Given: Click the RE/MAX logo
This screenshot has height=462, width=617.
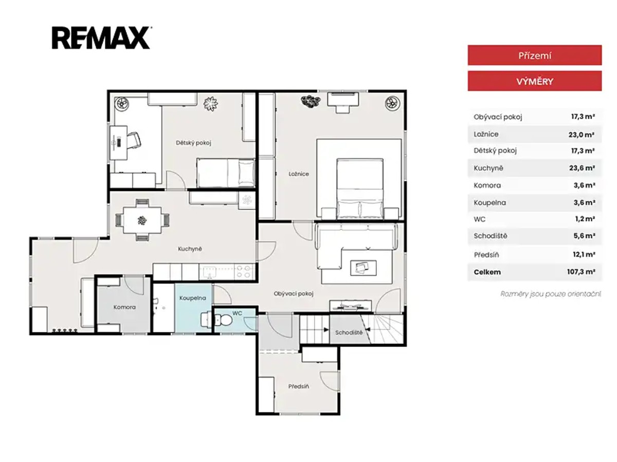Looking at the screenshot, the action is (101, 38).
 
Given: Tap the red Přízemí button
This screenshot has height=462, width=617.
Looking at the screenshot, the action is (534, 55).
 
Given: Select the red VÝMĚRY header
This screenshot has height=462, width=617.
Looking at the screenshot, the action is (534, 81).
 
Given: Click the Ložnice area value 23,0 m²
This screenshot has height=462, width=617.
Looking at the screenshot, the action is (581, 134).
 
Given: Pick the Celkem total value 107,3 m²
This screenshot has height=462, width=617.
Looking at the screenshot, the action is (580, 272).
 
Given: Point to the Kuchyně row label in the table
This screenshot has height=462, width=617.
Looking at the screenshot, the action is (488, 168).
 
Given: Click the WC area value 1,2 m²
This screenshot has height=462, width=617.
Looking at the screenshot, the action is (585, 219).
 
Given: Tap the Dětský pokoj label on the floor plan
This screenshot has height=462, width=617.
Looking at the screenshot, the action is (193, 143).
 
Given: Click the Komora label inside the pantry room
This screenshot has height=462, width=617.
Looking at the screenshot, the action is (124, 307).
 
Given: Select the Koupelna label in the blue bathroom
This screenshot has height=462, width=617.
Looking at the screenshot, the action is (192, 298).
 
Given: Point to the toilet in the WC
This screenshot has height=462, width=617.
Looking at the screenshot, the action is (223, 319).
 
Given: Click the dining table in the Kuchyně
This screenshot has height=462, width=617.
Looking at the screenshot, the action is (142, 220).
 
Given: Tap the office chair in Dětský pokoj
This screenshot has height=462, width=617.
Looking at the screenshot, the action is (134, 140).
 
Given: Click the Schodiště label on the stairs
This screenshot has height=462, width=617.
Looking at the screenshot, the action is (349, 333).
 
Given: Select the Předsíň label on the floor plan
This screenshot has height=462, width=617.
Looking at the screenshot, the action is (299, 386).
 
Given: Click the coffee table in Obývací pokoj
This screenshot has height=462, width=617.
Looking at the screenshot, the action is (363, 268).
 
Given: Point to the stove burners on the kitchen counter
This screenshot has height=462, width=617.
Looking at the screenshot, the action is (243, 272).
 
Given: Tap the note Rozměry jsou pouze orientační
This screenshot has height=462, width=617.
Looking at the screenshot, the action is (550, 294).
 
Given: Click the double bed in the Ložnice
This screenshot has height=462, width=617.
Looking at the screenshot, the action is (360, 188).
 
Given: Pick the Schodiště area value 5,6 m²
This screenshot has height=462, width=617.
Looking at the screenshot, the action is (585, 236).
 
